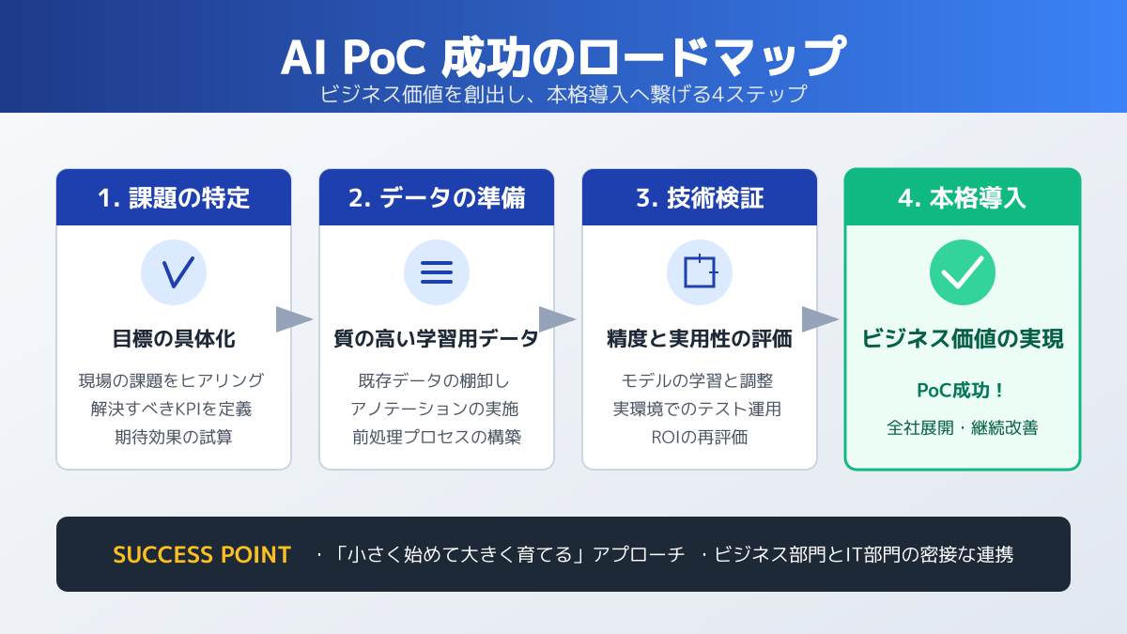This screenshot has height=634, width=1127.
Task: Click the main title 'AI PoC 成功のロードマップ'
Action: [563, 56]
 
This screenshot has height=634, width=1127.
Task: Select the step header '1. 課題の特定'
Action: [174, 198]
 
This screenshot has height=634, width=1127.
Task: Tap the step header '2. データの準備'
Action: [437, 198]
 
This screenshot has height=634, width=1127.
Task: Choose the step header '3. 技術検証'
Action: [700, 198]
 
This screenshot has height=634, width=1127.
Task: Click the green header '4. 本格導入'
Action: [962, 198]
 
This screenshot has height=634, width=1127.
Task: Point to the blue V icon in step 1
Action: [174, 272]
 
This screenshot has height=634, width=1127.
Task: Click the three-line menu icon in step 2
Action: [437, 272]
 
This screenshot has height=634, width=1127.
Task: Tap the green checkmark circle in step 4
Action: [963, 272]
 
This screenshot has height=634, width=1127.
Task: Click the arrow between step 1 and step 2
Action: [294, 319]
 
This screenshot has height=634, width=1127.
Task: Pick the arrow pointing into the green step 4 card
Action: [820, 319]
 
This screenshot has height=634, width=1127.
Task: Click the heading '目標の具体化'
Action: [174, 339]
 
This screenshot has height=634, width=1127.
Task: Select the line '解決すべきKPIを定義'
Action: [171, 409]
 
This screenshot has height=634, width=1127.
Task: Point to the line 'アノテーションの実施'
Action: [434, 409]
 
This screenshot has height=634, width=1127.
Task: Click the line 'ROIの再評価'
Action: [700, 437]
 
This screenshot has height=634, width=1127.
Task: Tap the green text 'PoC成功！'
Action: [961, 390]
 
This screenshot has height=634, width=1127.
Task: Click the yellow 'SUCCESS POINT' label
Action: [202, 554]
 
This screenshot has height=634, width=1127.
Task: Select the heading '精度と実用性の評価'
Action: [700, 339]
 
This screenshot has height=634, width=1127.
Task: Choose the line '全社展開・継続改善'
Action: [962, 427]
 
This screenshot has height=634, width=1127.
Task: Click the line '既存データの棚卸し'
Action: [434, 380]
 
